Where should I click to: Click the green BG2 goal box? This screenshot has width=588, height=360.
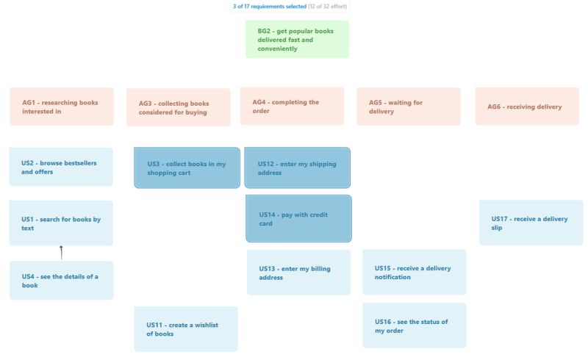click(x=297, y=40)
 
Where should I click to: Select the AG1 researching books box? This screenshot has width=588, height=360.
click(x=62, y=107)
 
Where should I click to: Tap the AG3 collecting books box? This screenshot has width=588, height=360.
click(x=179, y=108)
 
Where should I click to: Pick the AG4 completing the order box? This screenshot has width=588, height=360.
click(x=292, y=107)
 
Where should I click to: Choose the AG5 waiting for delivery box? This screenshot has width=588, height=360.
click(x=409, y=107)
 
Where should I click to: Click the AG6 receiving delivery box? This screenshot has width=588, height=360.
click(x=527, y=107)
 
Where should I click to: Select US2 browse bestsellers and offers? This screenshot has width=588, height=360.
click(x=61, y=167)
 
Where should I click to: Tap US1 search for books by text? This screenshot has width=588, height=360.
click(x=61, y=223)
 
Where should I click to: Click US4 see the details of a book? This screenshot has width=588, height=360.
click(x=61, y=281)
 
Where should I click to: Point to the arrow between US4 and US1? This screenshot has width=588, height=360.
click(x=61, y=253)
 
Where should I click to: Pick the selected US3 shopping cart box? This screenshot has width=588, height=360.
click(x=187, y=168)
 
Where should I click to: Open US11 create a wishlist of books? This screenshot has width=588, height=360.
click(x=186, y=328)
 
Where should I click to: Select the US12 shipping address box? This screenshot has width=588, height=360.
click(x=297, y=168)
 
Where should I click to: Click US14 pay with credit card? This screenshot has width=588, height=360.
click(x=298, y=218)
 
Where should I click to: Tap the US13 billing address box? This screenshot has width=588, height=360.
click(x=298, y=273)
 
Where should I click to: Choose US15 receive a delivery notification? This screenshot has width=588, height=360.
click(x=414, y=273)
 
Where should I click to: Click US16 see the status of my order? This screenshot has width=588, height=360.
click(x=414, y=325)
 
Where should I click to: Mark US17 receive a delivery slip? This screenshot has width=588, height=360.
click(x=531, y=223)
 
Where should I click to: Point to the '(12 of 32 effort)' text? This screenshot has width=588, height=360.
click(x=327, y=6)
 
